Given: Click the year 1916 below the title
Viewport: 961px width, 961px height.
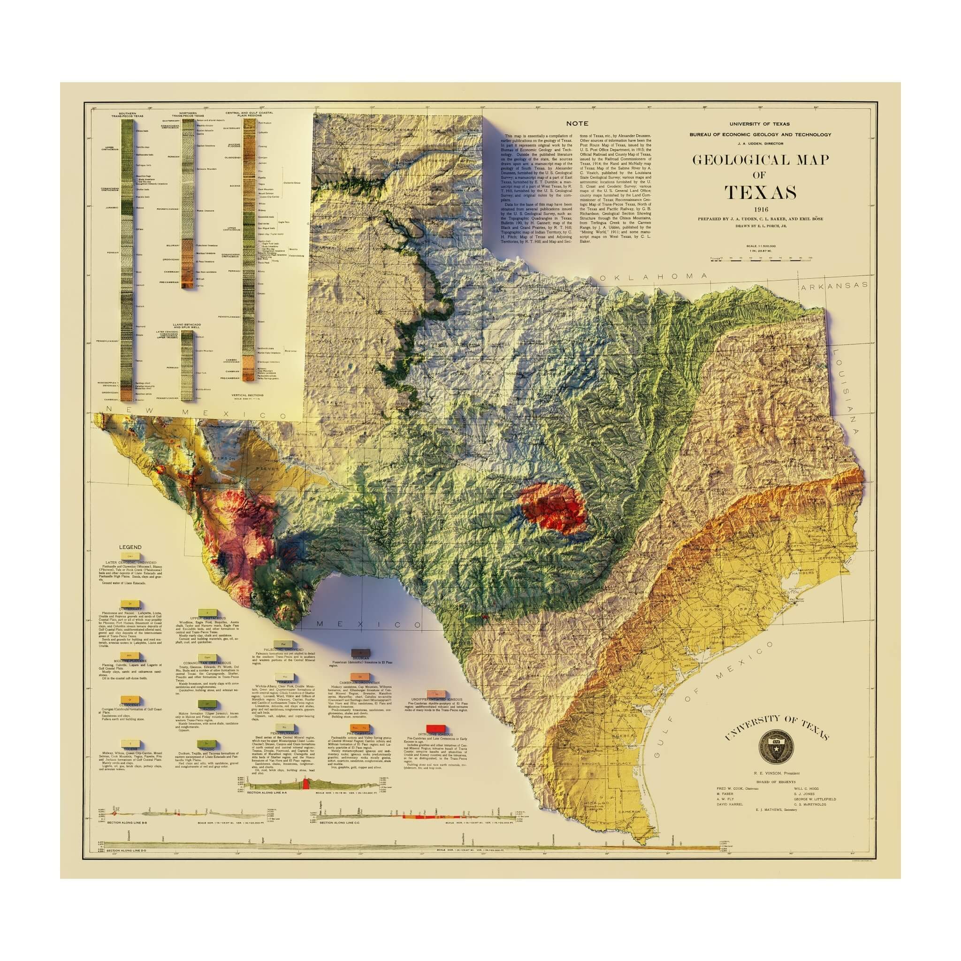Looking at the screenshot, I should tap(760, 209).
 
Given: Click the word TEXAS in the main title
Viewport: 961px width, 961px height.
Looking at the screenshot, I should tap(760, 192).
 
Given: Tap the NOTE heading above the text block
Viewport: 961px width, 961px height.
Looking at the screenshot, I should tap(577, 123).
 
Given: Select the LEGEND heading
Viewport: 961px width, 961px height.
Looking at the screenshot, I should tap(130, 547).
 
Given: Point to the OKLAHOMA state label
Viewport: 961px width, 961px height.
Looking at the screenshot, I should tap(653, 276).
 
